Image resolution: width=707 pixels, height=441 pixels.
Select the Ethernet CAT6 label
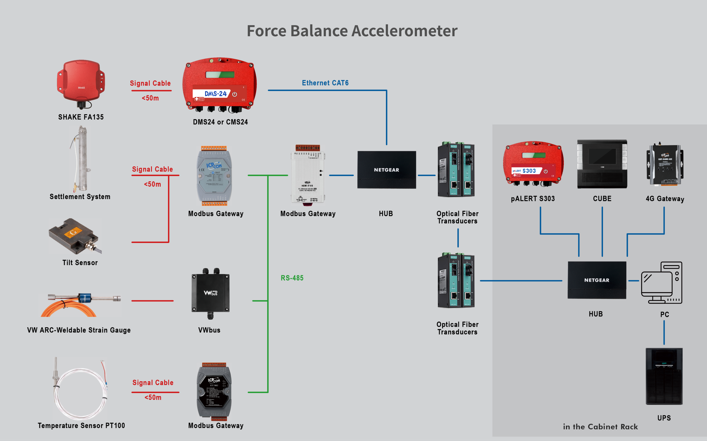pyautogui.click(x=325, y=83)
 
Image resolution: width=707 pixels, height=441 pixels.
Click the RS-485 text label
pyautogui.click(x=292, y=278)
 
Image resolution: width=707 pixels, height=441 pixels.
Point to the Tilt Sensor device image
pyautogui.click(x=74, y=236)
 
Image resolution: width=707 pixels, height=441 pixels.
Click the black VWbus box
pyautogui.click(x=210, y=293)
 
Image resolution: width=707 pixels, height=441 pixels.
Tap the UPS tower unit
pyautogui.click(x=664, y=376)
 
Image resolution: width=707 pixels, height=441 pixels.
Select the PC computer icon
pyautogui.click(x=661, y=283)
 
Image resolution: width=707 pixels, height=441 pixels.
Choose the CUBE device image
pyautogui.click(x=602, y=164)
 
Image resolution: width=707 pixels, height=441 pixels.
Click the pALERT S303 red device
pyautogui.click(x=533, y=164)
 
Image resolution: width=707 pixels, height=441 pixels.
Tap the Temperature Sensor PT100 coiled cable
pyautogui.click(x=80, y=391)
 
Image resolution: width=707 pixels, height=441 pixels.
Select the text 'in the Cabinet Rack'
pyautogui.click(x=600, y=427)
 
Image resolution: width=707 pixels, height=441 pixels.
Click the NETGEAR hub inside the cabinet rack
pyautogui.click(x=597, y=280)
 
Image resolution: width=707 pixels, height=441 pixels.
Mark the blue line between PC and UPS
pyautogui.click(x=664, y=333)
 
